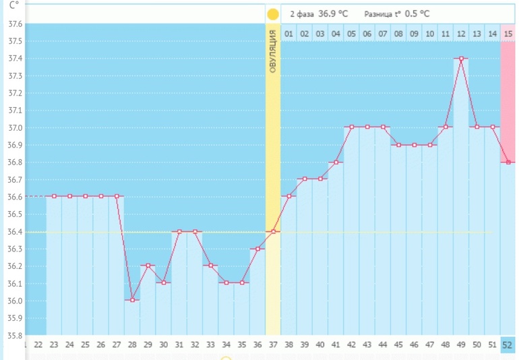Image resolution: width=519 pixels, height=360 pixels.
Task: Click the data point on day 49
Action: pyautogui.click(x=461, y=59)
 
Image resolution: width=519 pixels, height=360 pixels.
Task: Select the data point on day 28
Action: pyautogui.click(x=132, y=300)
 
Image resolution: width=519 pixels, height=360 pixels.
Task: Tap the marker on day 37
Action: pyautogui.click(x=273, y=231)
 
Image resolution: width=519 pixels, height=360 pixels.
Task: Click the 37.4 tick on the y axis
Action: pyautogui.click(x=14, y=59)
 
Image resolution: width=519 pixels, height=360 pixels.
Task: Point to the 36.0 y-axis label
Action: pyautogui.click(x=14, y=301)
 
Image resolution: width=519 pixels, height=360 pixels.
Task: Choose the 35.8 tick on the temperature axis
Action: pyautogui.click(x=14, y=335)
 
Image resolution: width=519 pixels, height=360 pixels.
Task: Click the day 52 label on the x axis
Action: pyautogui.click(x=508, y=345)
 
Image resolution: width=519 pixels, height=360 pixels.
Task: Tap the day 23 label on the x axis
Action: pyautogui.click(x=54, y=345)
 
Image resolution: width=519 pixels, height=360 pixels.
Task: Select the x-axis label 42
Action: pyautogui.click(x=351, y=345)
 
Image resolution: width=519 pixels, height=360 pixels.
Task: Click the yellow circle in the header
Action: pyautogui.click(x=273, y=14)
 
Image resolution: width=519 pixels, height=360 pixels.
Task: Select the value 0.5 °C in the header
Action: pyautogui.click(x=417, y=13)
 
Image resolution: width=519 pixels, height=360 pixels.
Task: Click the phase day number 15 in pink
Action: pyautogui.click(x=508, y=34)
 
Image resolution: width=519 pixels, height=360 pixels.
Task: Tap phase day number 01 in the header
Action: pyautogui.click(x=288, y=34)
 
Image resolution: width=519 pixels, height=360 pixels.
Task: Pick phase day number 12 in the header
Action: pyautogui.click(x=461, y=34)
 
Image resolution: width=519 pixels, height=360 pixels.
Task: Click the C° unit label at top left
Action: pyautogui.click(x=14, y=5)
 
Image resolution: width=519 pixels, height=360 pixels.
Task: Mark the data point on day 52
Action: pyautogui.click(x=508, y=162)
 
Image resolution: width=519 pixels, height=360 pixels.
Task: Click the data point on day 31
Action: pyautogui.click(x=179, y=231)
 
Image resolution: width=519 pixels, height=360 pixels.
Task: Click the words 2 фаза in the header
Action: pyautogui.click(x=302, y=13)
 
